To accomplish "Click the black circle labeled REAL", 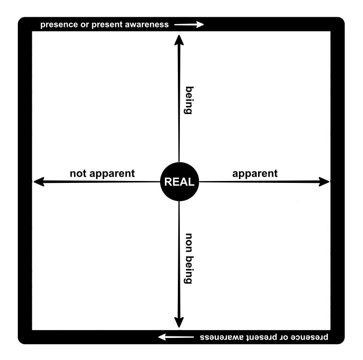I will (179, 182).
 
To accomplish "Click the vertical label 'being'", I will (188, 100).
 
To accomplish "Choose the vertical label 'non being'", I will (188, 258).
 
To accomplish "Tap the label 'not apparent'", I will (102, 173).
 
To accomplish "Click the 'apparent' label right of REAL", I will (255, 173).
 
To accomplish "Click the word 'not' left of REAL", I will (78, 173).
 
